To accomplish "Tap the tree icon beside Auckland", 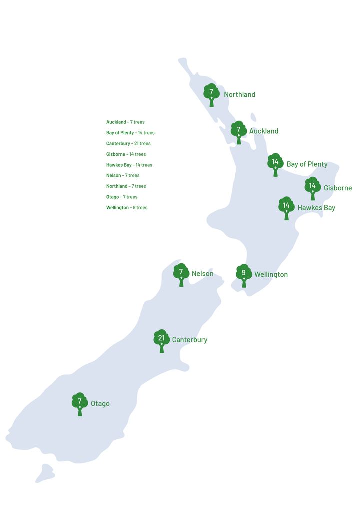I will click(238, 131).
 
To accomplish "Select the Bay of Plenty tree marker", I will click(275, 164).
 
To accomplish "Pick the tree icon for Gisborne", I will click(312, 187).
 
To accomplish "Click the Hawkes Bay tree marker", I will click(286, 207).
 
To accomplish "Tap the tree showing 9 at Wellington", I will click(244, 274).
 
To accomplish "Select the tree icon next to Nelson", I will click(181, 274).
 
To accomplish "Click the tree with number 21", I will click(161, 340).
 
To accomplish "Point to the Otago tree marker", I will click(79, 403).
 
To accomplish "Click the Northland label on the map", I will click(239, 95).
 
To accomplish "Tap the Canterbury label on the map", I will click(189, 340).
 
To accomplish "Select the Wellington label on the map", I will click(271, 275).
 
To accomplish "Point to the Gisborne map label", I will click(337, 188).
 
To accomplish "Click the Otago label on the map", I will click(100, 404).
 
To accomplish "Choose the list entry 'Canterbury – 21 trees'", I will click(128, 144).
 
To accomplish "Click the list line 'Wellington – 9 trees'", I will click(127, 208).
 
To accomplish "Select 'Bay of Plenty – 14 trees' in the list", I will click(130, 133).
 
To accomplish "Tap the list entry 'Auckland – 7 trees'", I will click(125, 122).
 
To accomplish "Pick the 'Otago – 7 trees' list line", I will click(122, 197).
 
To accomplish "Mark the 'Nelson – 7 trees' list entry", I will click(123, 176).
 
